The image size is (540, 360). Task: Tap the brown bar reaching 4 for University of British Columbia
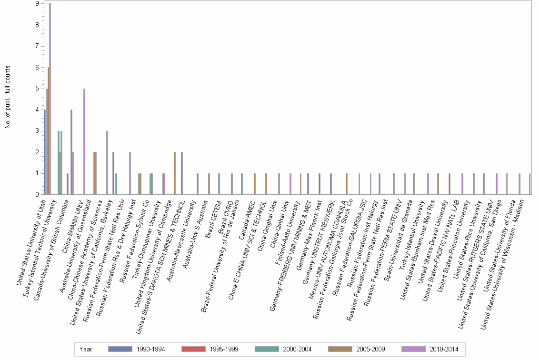(x=71, y=152)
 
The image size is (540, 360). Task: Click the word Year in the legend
(x=86, y=349)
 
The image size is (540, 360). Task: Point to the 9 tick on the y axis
(x=37, y=4)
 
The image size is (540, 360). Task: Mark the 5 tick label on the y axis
(x=37, y=88)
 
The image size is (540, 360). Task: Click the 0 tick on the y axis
(x=37, y=194)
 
